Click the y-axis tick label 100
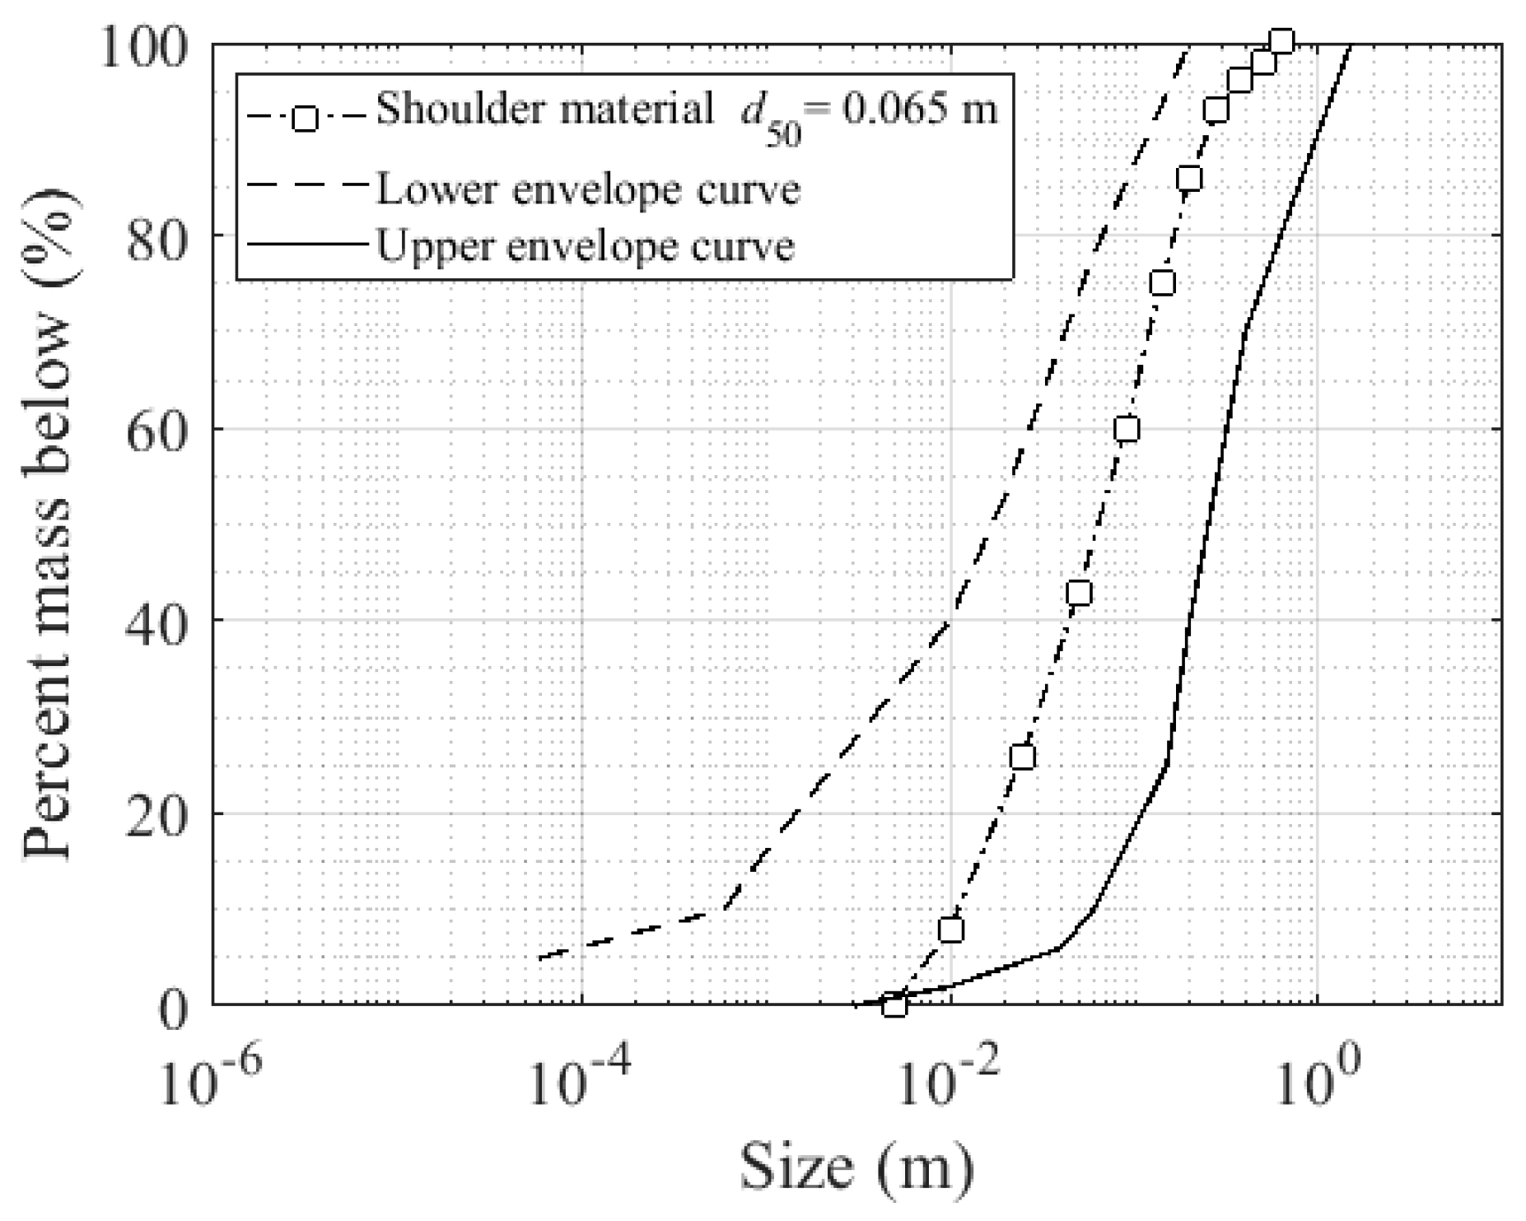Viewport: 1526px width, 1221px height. (x=147, y=46)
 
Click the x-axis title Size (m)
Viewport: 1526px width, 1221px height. (x=856, y=1168)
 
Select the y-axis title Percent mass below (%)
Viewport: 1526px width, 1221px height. (x=48, y=522)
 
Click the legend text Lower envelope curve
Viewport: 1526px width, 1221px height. (x=588, y=189)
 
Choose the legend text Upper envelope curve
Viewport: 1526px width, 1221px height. (x=586, y=245)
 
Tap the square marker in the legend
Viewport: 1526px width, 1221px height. (x=305, y=119)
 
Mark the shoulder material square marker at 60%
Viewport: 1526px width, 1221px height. (x=1127, y=429)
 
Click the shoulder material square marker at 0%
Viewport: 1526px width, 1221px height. (x=894, y=1005)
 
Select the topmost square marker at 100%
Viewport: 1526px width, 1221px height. (x=1281, y=42)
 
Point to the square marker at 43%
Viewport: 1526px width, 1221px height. (x=1079, y=593)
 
